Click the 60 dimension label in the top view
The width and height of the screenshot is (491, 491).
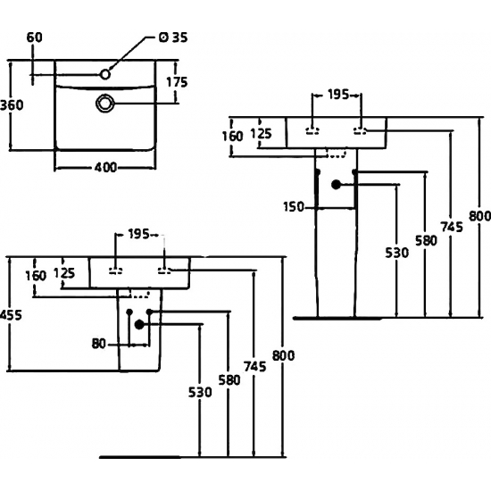(35, 37)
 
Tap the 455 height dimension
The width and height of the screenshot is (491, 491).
(9, 315)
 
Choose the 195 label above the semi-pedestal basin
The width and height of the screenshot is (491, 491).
(139, 235)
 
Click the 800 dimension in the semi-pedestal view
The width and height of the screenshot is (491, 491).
(283, 355)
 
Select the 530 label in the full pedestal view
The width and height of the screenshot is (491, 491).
(396, 253)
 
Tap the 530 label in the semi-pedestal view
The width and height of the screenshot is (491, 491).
(200, 392)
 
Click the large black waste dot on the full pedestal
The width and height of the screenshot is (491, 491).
(337, 186)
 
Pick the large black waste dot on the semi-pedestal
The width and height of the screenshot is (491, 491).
(139, 325)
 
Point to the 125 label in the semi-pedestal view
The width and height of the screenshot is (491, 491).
(62, 274)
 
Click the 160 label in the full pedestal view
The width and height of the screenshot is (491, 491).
(233, 137)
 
